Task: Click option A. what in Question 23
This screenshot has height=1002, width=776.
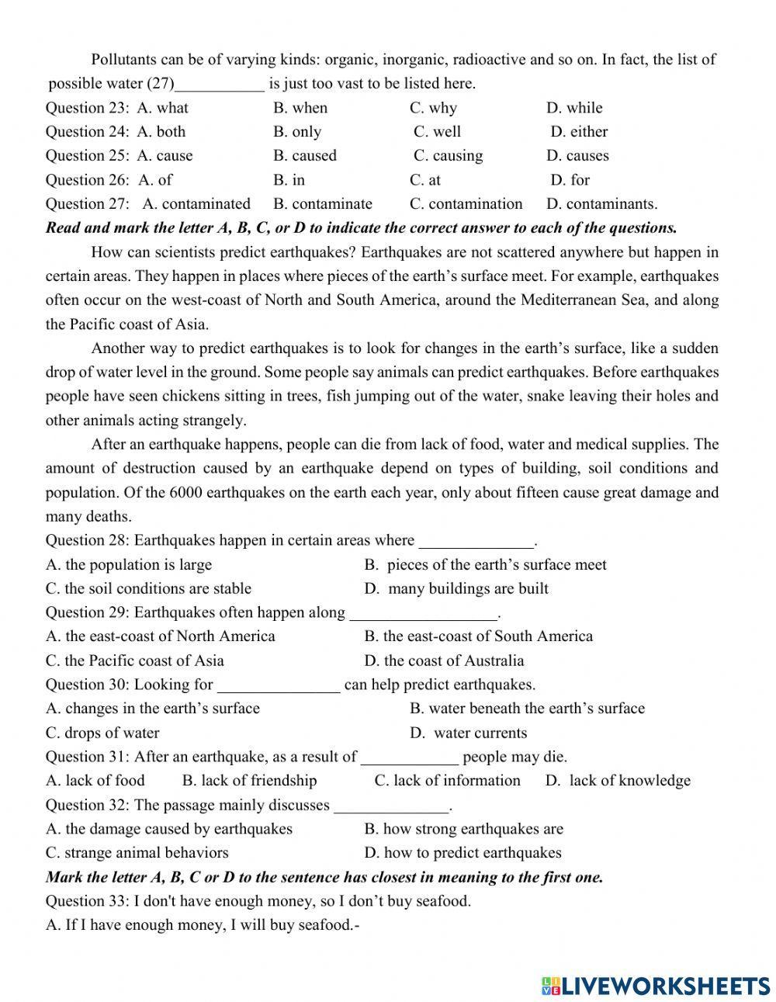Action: point(162,108)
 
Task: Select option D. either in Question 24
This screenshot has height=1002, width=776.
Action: point(579,132)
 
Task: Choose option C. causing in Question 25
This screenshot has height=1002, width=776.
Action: point(448,156)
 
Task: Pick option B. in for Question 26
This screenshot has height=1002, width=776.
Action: point(289,180)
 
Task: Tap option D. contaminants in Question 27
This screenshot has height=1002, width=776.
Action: point(601,204)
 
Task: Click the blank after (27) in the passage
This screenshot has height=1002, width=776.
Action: point(220,84)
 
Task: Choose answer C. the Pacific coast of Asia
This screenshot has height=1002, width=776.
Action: point(134,660)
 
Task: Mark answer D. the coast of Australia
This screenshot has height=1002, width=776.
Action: point(444,660)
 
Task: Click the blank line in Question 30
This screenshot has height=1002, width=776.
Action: point(279,685)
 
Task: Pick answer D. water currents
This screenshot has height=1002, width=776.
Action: point(468,733)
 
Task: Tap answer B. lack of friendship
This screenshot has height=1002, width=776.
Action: point(249,781)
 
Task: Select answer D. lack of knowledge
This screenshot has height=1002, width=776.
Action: point(618,781)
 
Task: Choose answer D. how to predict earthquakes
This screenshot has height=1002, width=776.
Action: point(462,853)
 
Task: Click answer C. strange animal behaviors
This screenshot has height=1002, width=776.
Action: point(137,853)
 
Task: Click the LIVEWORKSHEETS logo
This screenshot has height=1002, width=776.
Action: point(656,985)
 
